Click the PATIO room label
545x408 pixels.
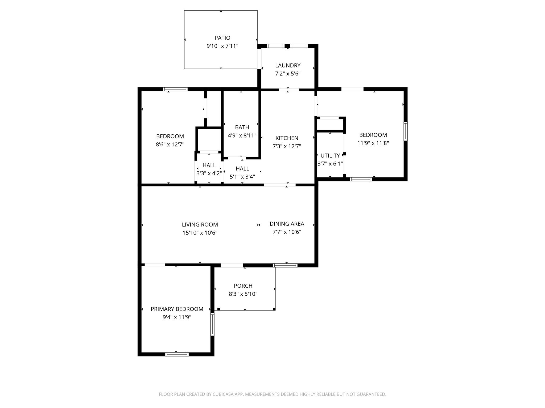(x=222, y=38)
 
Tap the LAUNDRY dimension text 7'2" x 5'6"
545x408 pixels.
(x=288, y=74)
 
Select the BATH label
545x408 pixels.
(x=242, y=127)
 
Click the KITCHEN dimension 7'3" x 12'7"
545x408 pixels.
(x=287, y=146)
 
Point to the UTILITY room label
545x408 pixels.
(x=330, y=156)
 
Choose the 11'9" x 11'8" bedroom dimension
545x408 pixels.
(x=373, y=143)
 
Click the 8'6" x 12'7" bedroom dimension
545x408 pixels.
(x=170, y=144)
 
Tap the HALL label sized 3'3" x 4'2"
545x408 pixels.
(x=209, y=165)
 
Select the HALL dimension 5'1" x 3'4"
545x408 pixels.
(x=242, y=177)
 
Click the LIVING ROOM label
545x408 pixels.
(x=200, y=224)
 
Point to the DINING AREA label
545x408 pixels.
(x=287, y=224)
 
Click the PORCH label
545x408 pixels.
(x=243, y=286)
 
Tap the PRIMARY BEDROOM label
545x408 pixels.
(x=177, y=309)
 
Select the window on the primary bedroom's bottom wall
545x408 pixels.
(x=177, y=354)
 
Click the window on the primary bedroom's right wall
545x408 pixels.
(x=212, y=324)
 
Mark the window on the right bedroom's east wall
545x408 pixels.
(x=405, y=131)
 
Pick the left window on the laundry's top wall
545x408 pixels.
(x=276, y=46)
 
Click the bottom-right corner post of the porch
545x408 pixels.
(x=274, y=309)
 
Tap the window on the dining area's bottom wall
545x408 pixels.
(x=285, y=265)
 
